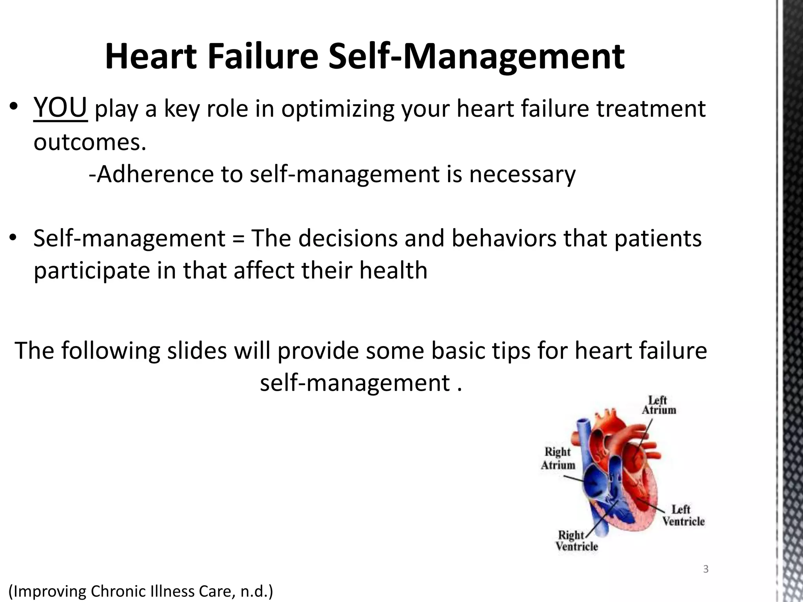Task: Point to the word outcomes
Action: pos(89,142)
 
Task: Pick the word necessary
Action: pos(522,175)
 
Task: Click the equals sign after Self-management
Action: pos(238,238)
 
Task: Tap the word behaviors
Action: pos(504,238)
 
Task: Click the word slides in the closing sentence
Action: pos(197,350)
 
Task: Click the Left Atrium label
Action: pos(659,405)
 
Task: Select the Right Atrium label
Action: pos(558,458)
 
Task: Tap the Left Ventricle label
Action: pos(683,515)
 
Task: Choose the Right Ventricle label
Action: pos(576,541)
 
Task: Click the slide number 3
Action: pos(706,569)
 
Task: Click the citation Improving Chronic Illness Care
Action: pos(140,591)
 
